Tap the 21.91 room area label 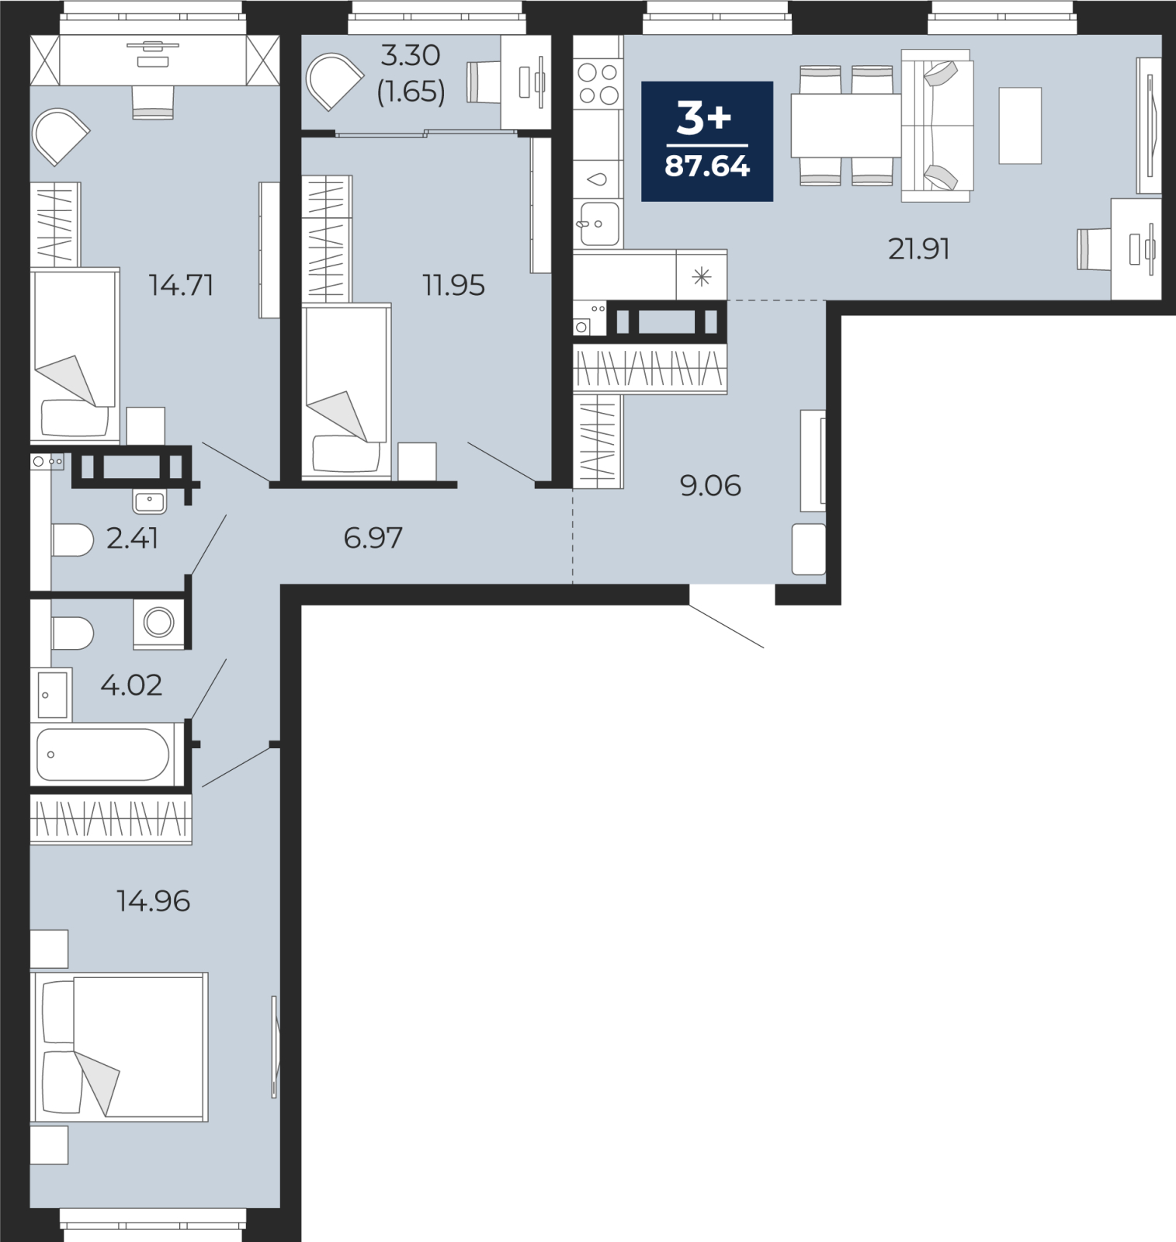click(919, 249)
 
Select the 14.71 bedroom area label click(181, 285)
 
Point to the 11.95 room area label click(453, 285)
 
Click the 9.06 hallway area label click(710, 486)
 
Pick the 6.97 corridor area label click(373, 537)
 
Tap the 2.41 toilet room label click(132, 537)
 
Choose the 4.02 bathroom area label click(131, 685)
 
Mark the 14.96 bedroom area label click(153, 900)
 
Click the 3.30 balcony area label click(411, 56)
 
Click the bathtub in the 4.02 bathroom click(102, 754)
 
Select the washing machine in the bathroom click(159, 623)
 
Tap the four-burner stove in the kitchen click(598, 84)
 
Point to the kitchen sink click(598, 224)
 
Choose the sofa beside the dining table click(937, 125)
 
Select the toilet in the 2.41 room click(71, 539)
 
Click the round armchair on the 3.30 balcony click(334, 81)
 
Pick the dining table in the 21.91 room click(845, 125)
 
